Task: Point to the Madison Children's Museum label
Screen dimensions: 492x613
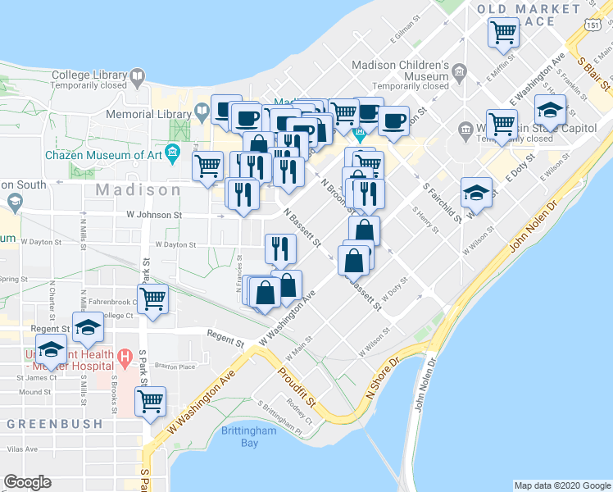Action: pyautogui.click(x=399, y=66)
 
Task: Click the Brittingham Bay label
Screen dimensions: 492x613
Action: pyautogui.click(x=239, y=437)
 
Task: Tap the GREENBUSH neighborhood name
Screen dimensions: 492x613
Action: pyautogui.click(x=55, y=424)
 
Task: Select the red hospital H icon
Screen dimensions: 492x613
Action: pyautogui.click(x=125, y=357)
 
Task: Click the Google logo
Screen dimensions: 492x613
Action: pyautogui.click(x=28, y=482)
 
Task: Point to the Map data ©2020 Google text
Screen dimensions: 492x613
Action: pyautogui.click(x=561, y=485)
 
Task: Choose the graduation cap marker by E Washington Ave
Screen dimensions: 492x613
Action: pyautogui.click(x=550, y=110)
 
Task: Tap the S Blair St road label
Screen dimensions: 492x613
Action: pyautogui.click(x=595, y=72)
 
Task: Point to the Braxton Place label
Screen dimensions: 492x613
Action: pyautogui.click(x=177, y=367)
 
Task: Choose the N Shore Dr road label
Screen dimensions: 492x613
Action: pyautogui.click(x=382, y=376)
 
